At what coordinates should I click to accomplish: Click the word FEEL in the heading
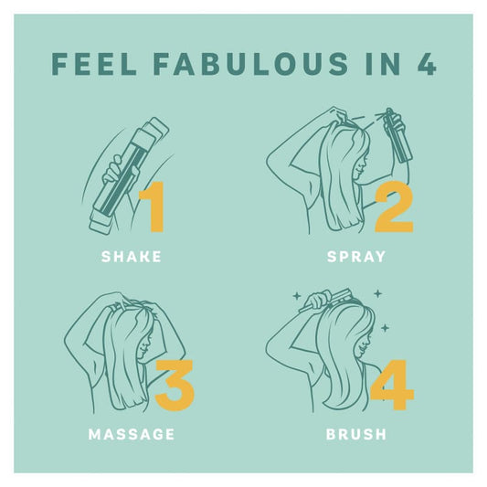(x=94, y=64)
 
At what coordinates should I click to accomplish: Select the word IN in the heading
(x=383, y=64)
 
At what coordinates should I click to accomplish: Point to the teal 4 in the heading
(x=427, y=64)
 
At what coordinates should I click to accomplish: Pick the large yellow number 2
(x=395, y=206)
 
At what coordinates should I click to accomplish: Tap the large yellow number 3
(x=175, y=386)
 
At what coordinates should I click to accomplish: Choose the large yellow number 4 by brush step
(x=393, y=386)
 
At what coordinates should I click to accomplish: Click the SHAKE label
(x=132, y=257)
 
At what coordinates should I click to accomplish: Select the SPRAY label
(x=356, y=257)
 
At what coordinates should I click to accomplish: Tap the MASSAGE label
(x=132, y=434)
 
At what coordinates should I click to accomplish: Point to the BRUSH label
(x=356, y=434)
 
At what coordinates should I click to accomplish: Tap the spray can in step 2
(x=397, y=136)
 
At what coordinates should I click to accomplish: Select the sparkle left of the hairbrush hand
(x=297, y=296)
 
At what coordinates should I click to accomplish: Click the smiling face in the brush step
(x=364, y=344)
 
